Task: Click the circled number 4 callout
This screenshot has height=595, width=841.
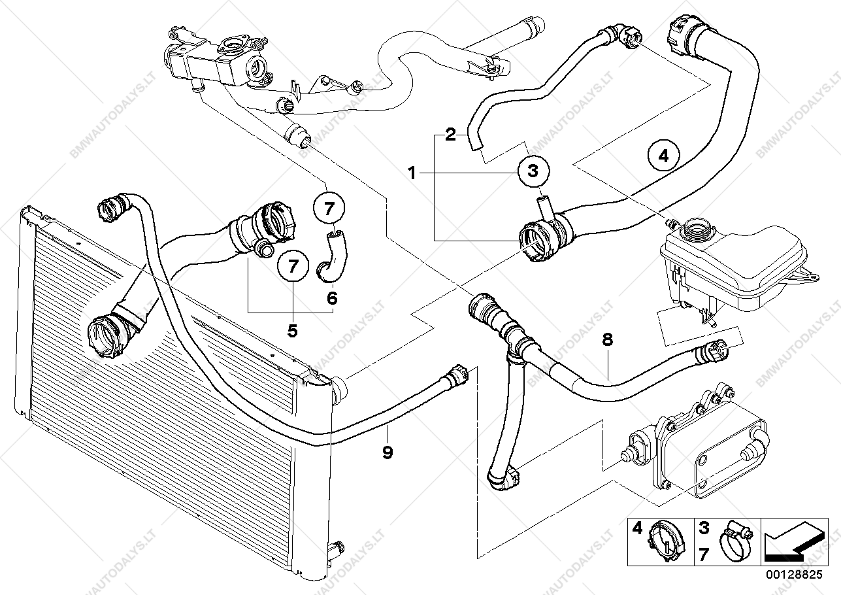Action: tap(663, 156)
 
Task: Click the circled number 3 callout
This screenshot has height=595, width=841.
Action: tap(533, 171)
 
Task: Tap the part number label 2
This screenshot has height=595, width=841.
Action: tap(450, 135)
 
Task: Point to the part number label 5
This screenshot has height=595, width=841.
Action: tap(292, 331)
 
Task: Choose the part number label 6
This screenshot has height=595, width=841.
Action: tap(332, 298)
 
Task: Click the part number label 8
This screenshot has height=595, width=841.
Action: tap(607, 339)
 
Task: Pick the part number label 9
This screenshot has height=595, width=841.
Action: tap(388, 451)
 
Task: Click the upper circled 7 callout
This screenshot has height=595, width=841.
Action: tap(329, 209)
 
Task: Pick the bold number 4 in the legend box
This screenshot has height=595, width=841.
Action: tap(638, 527)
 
